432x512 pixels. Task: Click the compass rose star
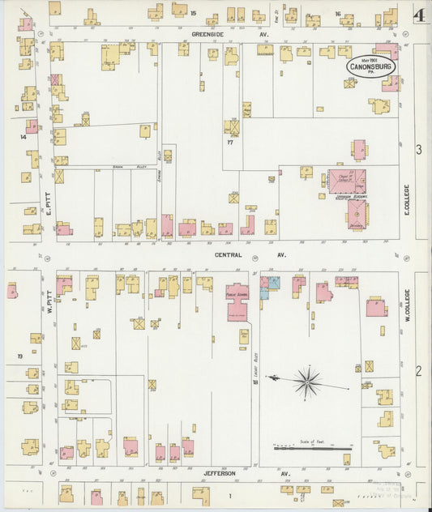point(307,380)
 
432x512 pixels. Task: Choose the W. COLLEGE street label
point(408,309)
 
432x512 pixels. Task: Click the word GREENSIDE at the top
point(207,34)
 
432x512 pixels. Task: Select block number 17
point(230,143)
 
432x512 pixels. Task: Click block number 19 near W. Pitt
point(19,356)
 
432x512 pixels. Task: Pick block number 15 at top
point(193,13)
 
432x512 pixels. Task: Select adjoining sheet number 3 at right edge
point(419,149)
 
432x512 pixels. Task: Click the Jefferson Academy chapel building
point(346,181)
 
